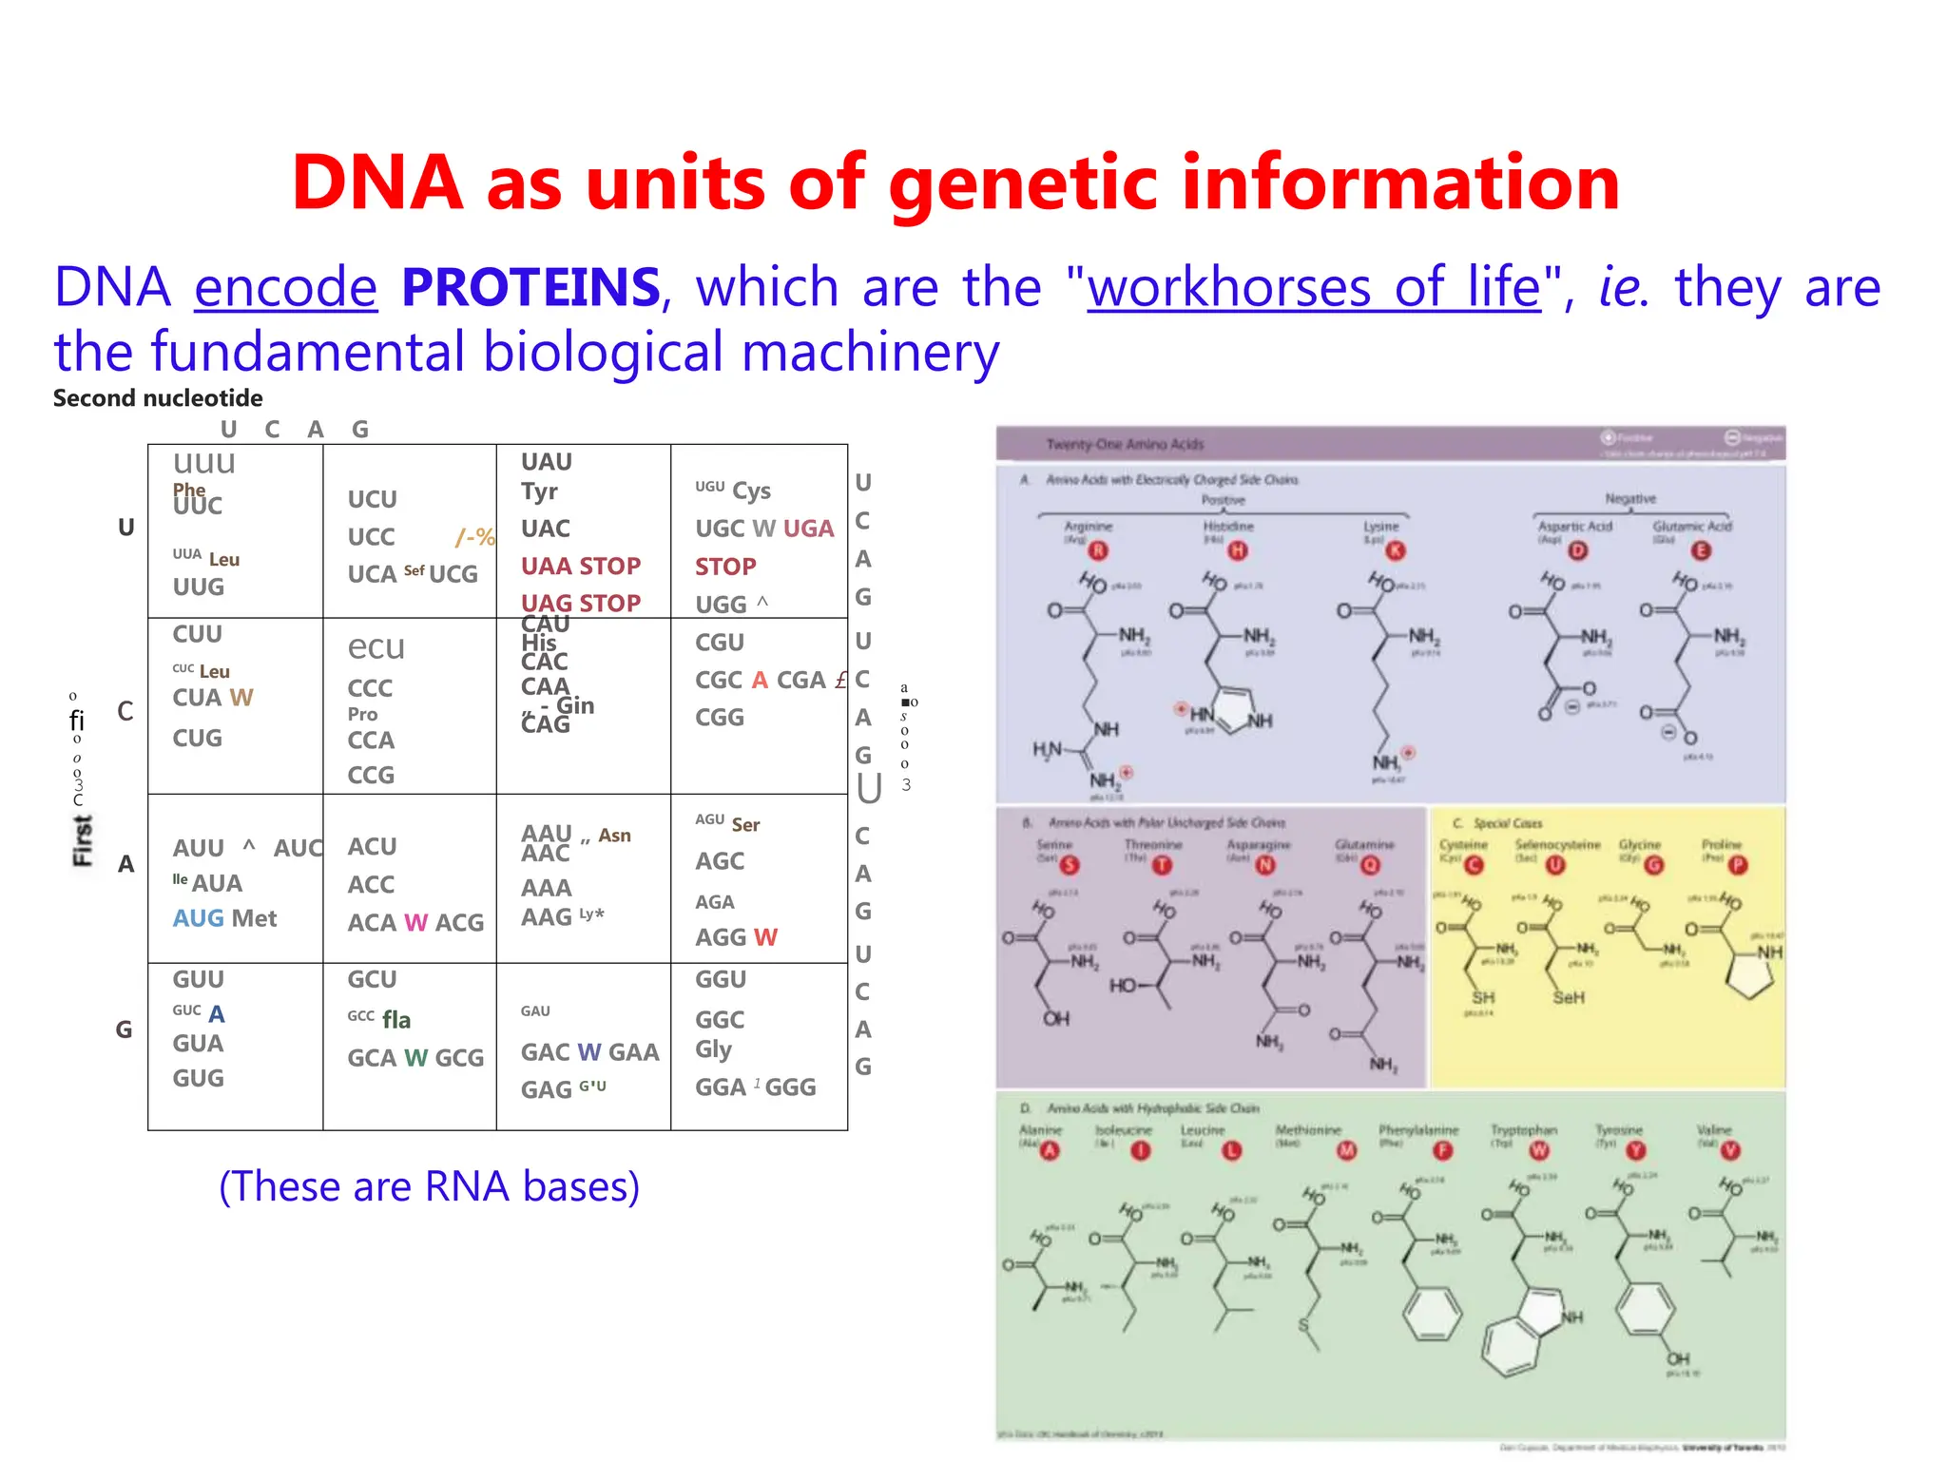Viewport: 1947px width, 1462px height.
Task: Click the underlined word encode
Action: point(285,287)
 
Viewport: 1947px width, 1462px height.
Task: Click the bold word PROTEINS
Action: point(530,287)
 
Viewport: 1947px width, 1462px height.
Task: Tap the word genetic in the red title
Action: point(1022,183)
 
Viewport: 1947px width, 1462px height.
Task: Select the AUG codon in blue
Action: point(198,918)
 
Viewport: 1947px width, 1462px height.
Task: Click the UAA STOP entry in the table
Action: point(580,566)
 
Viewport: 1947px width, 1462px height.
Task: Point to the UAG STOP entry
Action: point(580,603)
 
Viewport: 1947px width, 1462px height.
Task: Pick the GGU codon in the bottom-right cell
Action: point(720,979)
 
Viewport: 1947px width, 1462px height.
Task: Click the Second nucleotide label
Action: point(158,397)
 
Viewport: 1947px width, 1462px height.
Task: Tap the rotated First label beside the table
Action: point(83,840)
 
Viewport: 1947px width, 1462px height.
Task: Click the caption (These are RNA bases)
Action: point(429,1185)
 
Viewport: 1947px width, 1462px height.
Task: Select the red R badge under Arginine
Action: point(1098,550)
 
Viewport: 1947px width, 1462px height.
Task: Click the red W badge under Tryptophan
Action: point(1538,1151)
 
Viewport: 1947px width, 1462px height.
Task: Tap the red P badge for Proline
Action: point(1738,865)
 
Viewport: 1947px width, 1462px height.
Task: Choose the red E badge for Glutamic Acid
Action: point(1701,550)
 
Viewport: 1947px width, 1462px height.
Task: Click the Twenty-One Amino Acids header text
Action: point(1124,444)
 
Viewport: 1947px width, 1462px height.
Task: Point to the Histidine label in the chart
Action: point(1227,526)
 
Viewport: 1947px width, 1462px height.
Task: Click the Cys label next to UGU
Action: point(751,491)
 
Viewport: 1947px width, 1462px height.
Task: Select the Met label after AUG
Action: point(254,918)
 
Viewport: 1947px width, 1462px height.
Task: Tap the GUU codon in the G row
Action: point(198,979)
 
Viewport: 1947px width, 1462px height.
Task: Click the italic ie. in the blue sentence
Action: point(1622,287)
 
